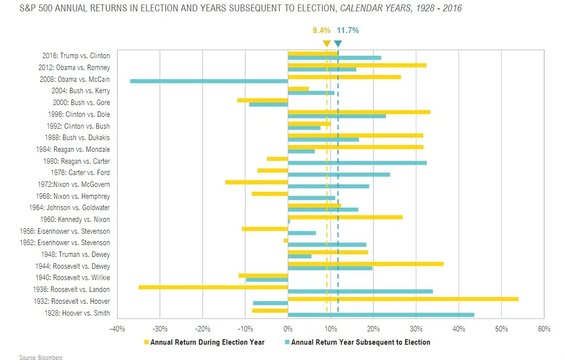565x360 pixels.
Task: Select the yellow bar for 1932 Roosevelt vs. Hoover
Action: click(403, 299)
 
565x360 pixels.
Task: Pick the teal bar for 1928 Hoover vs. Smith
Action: click(380, 315)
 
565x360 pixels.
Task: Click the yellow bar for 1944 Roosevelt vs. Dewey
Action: click(365, 264)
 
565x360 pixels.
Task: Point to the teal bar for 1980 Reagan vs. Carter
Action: click(357, 163)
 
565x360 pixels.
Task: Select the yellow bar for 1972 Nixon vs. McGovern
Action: click(257, 182)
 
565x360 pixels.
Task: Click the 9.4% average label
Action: click(321, 31)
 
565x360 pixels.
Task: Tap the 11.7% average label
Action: click(348, 31)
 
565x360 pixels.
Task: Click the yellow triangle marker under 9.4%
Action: click(326, 44)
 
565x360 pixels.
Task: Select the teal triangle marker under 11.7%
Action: click(338, 44)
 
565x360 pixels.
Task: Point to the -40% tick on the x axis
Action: click(117, 328)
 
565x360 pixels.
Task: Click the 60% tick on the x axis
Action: click(544, 328)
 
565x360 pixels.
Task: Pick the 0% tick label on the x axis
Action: click(288, 328)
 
